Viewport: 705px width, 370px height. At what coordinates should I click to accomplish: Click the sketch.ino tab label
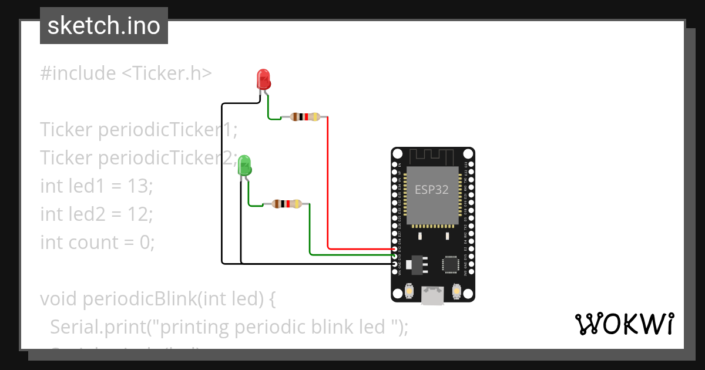pos(103,26)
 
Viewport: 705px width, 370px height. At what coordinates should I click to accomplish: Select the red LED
pos(263,79)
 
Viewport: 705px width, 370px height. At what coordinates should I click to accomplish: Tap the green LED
pos(244,165)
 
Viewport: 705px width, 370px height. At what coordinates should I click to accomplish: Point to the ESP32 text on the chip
pos(431,190)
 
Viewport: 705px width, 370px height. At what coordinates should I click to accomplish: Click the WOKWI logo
pos(623,324)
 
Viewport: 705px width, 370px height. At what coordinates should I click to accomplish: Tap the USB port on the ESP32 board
pos(432,295)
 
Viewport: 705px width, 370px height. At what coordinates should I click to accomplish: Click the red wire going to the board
pos(328,188)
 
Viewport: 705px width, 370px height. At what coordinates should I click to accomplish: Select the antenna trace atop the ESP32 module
pos(432,157)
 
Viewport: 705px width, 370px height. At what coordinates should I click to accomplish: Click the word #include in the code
pos(78,73)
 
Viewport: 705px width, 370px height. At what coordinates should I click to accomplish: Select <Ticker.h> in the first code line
pos(166,73)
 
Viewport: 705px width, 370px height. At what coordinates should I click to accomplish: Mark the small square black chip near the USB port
pos(451,264)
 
